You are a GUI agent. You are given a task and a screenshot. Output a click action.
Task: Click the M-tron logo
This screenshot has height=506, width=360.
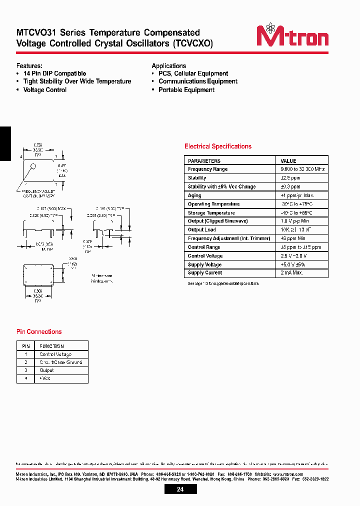pyautogui.click(x=292, y=35)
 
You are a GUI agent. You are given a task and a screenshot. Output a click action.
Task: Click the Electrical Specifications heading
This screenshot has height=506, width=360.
pyautogui.click(x=218, y=146)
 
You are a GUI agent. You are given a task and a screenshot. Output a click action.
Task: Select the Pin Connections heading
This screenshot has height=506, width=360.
pyautogui.click(x=39, y=331)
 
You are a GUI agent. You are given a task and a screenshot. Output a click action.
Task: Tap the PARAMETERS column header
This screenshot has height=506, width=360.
pyautogui.click(x=204, y=161)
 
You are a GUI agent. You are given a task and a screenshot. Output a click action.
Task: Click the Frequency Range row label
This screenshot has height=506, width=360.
pyautogui.click(x=207, y=169)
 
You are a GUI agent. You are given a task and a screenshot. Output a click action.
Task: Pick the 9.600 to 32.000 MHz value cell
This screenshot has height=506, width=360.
pyautogui.click(x=302, y=169)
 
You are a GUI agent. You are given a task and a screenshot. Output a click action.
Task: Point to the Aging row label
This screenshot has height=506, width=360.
pyautogui.click(x=194, y=195)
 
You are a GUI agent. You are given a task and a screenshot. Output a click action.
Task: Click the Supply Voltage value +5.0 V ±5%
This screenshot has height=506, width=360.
pyautogui.click(x=293, y=264)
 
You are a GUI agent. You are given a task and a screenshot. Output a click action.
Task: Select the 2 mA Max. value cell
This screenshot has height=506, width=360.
pyautogui.click(x=291, y=273)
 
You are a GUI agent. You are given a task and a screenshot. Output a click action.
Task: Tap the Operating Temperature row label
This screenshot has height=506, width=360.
pyautogui.click(x=213, y=204)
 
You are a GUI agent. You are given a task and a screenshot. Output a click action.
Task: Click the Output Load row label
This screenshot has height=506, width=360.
pyautogui.click(x=201, y=230)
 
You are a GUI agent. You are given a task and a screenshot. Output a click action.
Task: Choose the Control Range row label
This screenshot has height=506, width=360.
pyautogui.click(x=204, y=247)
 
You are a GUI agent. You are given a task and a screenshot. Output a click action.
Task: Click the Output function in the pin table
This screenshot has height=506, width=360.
pyautogui.click(x=46, y=370)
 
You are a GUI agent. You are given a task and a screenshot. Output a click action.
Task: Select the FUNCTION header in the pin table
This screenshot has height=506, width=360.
pyautogui.click(x=51, y=346)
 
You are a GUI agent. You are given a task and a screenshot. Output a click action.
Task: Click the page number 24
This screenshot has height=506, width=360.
pyautogui.click(x=180, y=489)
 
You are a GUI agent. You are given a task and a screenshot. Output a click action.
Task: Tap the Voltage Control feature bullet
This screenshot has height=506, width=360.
pyautogui.click(x=45, y=90)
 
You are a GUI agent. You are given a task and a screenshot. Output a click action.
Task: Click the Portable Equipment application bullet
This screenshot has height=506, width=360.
pyautogui.click(x=186, y=90)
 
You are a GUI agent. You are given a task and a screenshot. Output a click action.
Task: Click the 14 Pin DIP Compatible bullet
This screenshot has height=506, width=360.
pyautogui.click(x=54, y=73)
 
